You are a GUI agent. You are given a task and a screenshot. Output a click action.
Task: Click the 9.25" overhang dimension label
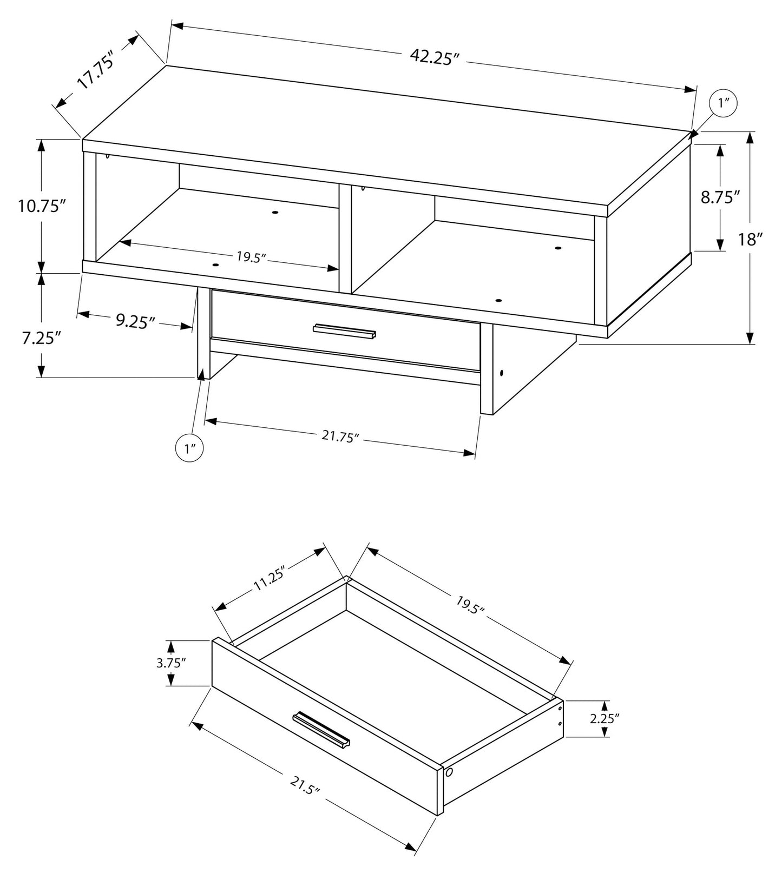pyautogui.click(x=135, y=322)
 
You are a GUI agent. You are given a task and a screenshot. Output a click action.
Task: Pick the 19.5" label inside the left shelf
pyautogui.click(x=252, y=256)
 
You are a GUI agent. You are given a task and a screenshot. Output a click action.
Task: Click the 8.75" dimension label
pyautogui.click(x=720, y=197)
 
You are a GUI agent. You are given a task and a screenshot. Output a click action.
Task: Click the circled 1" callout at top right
pyautogui.click(x=724, y=103)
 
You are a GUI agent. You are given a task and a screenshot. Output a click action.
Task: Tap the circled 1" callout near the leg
pyautogui.click(x=189, y=448)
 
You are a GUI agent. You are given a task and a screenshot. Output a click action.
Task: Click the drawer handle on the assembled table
pyautogui.click(x=344, y=331)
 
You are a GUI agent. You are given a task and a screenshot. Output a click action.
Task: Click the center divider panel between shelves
pyautogui.click(x=345, y=238)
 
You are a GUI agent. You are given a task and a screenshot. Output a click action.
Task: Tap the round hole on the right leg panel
pyautogui.click(x=502, y=373)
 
